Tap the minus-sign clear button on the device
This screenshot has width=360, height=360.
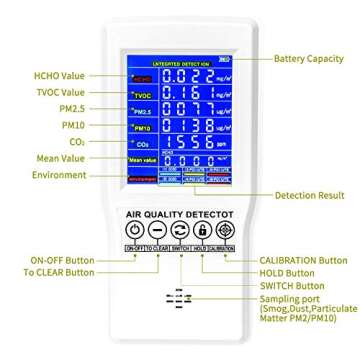point(157,230)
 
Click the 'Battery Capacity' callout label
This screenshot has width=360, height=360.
point(308,59)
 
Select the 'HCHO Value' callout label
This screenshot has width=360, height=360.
point(59,75)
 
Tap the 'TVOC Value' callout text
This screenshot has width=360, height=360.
point(59,91)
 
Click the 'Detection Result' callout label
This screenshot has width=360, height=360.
point(309,196)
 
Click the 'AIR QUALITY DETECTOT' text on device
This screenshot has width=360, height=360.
point(179,213)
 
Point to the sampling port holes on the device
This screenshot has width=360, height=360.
point(178,299)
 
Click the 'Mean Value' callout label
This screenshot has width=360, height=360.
point(60,158)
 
